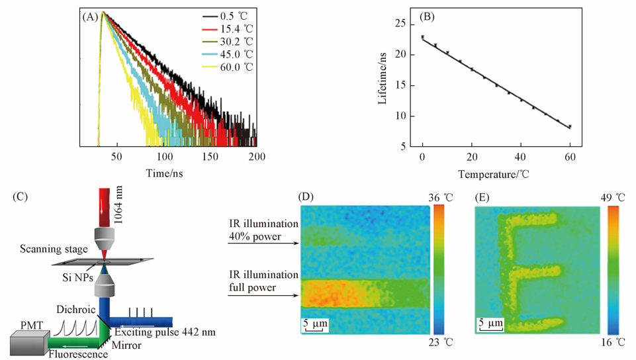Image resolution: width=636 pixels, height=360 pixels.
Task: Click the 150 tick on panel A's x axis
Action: pos(210,156)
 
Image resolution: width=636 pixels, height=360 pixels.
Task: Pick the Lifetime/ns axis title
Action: pos(383,81)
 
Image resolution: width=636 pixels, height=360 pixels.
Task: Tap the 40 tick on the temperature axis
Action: pos(521,156)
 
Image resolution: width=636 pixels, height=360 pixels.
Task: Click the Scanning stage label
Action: pos(53,249)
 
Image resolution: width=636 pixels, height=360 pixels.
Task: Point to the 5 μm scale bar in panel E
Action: pos(490,324)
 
